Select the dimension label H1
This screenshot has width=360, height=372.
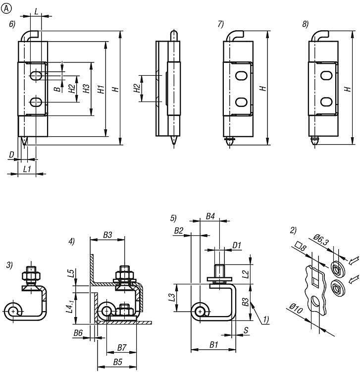(101, 90)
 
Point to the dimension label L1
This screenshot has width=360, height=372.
(27, 168)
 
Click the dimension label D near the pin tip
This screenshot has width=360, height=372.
(11, 155)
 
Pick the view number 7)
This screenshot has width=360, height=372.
(220, 24)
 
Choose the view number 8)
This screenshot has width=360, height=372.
(306, 24)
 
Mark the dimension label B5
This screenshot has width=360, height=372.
(117, 362)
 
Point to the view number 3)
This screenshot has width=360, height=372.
(9, 265)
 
